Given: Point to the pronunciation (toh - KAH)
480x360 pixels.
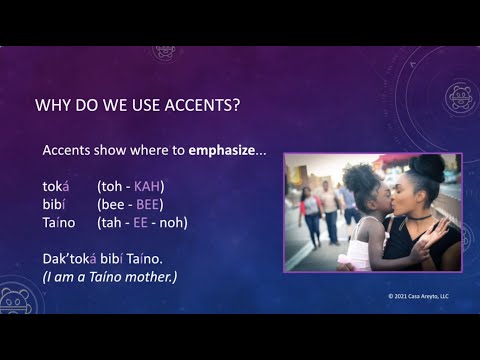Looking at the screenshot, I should [x=130, y=186].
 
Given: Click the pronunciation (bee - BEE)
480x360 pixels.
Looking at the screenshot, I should [x=129, y=204].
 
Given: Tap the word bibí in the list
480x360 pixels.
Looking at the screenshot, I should [x=55, y=204].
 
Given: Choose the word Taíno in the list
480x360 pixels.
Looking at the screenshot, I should [x=61, y=222].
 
